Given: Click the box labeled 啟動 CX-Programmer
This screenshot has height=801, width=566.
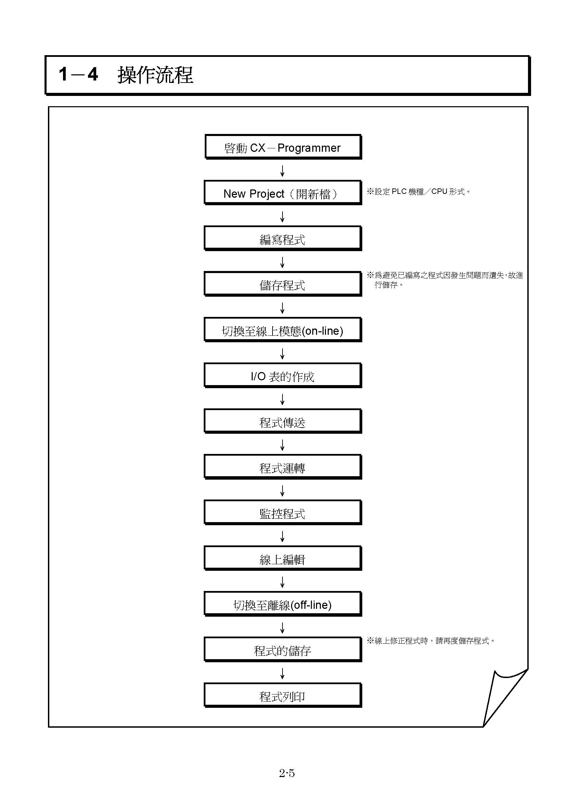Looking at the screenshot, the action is tap(283, 147).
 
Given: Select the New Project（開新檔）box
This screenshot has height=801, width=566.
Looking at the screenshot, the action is tap(283, 193).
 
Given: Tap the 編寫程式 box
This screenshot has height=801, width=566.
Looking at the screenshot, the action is tap(283, 238).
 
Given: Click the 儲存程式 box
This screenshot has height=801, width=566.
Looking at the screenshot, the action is tap(283, 284).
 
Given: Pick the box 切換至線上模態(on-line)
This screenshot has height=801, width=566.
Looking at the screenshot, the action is tap(283, 330).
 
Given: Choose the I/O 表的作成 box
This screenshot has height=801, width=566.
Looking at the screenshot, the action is tap(283, 375).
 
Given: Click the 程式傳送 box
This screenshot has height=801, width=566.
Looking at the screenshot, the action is tap(283, 421).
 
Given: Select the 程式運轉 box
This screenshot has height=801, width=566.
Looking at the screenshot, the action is tap(283, 467).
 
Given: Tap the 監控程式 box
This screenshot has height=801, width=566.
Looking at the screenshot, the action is tap(283, 513).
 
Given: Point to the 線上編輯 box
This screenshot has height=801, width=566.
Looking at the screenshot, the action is tap(283, 558).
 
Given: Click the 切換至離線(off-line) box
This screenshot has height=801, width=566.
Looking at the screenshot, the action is tap(283, 604).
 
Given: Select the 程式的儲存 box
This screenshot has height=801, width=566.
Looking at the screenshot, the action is tap(283, 650).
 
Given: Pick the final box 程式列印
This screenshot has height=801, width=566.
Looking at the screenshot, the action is tap(283, 695).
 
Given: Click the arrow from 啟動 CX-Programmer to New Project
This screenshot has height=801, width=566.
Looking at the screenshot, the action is tap(282, 171).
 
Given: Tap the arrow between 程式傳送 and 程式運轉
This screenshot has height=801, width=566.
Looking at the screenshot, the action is tap(282, 445).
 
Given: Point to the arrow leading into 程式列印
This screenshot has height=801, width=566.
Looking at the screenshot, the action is tap(282, 674).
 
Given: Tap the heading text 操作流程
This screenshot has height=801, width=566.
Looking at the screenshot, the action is tap(155, 75).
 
